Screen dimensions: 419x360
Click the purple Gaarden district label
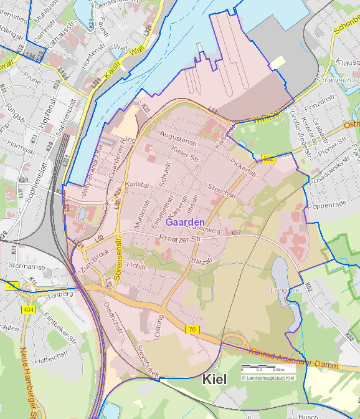point(186,222)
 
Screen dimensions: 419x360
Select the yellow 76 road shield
point(191,329)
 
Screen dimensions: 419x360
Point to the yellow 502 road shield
point(268,159)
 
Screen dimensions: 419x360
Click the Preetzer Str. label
point(181,239)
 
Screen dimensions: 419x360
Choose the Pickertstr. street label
point(244,166)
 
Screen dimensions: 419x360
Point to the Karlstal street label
point(138,185)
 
